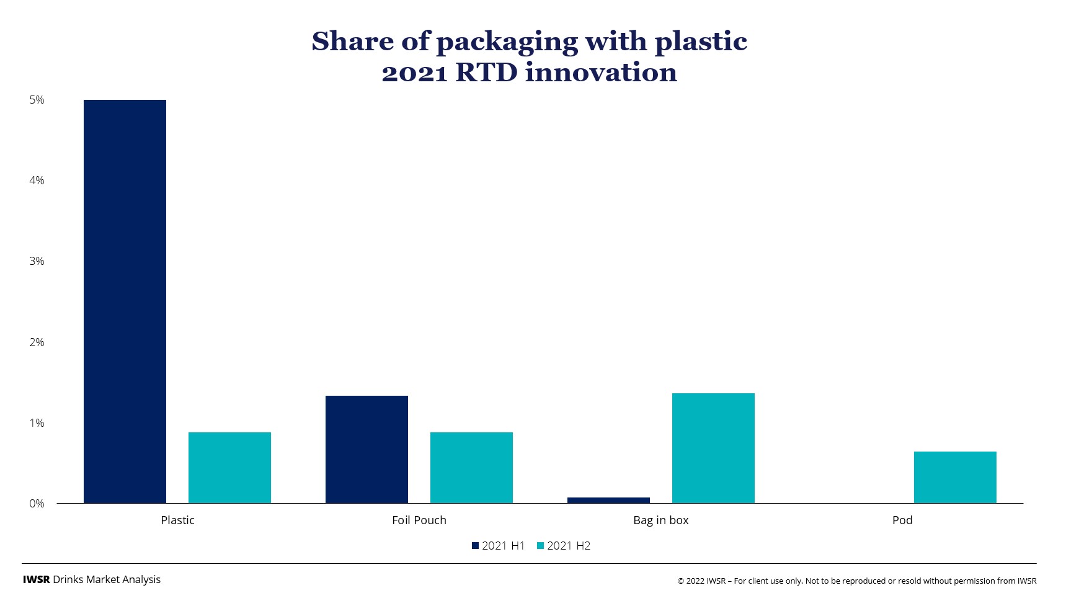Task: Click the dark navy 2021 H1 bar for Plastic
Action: (x=125, y=301)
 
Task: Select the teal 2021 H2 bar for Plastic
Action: (x=229, y=468)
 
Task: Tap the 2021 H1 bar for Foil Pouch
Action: (x=366, y=449)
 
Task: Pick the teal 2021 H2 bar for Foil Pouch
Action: (x=471, y=468)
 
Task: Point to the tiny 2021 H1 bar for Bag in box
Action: (x=608, y=500)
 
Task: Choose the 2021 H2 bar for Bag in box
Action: (x=713, y=448)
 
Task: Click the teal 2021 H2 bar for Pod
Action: (x=955, y=477)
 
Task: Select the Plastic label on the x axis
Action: (x=177, y=520)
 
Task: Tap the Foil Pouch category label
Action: (x=419, y=520)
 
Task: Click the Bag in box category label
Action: (x=660, y=520)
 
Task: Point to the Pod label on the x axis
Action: (x=902, y=520)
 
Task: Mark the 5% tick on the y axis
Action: (x=37, y=100)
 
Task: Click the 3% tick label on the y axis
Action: (x=37, y=261)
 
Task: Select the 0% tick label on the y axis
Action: (x=37, y=504)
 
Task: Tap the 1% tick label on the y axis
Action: (x=37, y=423)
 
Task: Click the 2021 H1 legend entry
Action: (x=499, y=546)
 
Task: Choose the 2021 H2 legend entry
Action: (x=564, y=546)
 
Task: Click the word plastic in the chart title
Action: (x=701, y=42)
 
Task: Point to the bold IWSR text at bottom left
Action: (x=36, y=579)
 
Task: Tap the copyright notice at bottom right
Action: (x=856, y=581)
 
